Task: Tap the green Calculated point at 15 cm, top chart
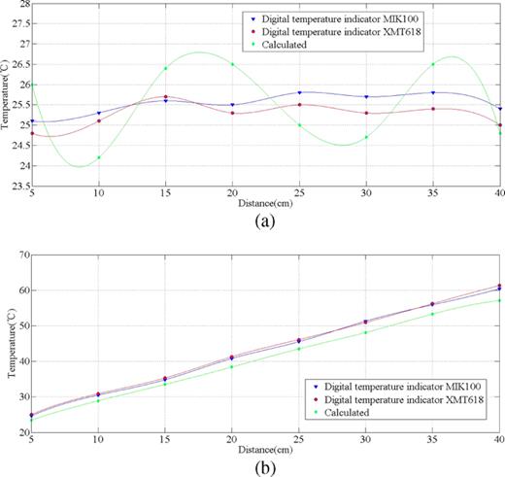(166, 68)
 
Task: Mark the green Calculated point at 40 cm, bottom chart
(499, 300)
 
